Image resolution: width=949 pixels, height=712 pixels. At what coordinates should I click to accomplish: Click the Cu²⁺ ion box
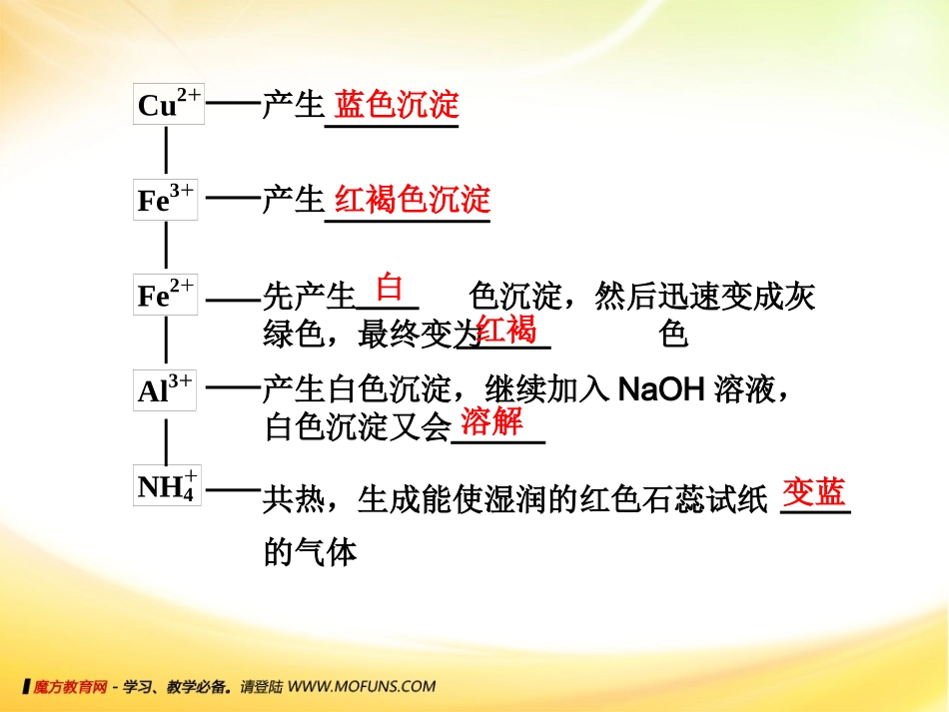(x=168, y=104)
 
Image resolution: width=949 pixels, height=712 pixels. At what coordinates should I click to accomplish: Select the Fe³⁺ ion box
(x=167, y=199)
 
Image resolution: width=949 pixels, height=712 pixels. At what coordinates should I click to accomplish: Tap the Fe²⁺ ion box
(x=167, y=295)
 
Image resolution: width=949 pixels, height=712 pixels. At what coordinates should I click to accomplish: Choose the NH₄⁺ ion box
(x=167, y=485)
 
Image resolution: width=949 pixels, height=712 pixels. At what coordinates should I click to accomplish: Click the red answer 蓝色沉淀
(x=397, y=105)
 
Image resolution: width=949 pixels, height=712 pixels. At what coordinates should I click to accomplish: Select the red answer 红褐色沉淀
(x=413, y=200)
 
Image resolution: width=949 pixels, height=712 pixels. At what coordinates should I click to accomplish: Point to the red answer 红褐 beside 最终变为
(x=506, y=329)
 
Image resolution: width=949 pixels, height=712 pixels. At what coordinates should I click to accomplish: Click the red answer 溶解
(x=491, y=421)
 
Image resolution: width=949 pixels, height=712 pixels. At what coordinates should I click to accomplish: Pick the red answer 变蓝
(x=814, y=491)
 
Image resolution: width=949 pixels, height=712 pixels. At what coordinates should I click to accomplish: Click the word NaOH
(x=662, y=389)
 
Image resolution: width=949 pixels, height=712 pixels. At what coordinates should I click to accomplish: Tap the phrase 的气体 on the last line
(x=310, y=552)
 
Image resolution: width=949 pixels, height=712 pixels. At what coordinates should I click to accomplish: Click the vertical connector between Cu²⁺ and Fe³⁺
(x=166, y=151)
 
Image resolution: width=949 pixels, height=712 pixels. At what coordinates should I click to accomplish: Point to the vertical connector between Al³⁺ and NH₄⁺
(x=166, y=438)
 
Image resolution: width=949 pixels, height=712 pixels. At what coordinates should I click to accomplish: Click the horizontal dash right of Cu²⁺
(x=232, y=104)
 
